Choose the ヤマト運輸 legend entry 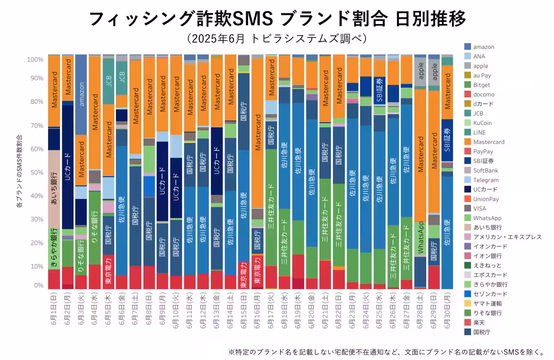coord(486,303)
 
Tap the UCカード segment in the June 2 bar coord(68,166)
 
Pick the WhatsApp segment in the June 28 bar coord(420,238)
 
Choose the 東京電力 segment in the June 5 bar coord(108,272)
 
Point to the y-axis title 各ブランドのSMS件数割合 coord(19,171)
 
